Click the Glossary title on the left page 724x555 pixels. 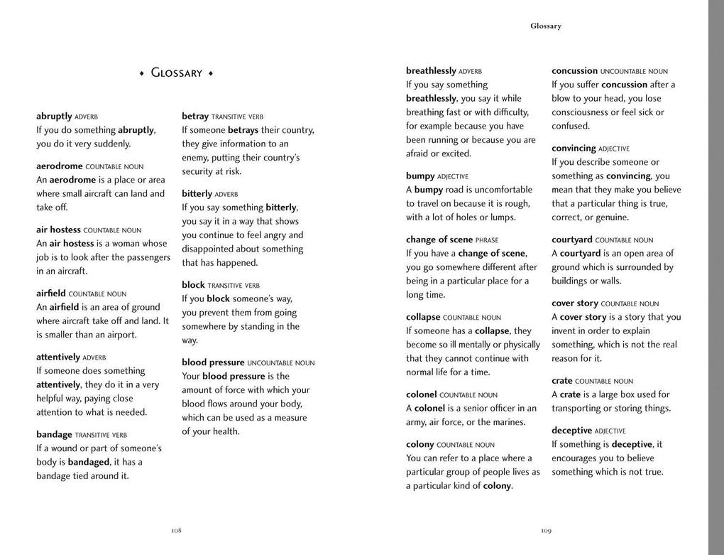[x=177, y=73]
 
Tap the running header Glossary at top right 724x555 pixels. [x=545, y=26]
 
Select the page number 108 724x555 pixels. [x=176, y=530]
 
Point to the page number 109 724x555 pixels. [x=546, y=530]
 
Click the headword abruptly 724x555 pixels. [x=54, y=117]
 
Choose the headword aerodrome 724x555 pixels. [x=60, y=166]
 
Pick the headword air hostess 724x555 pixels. [x=58, y=230]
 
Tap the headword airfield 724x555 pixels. [x=51, y=293]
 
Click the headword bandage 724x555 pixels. [x=54, y=434]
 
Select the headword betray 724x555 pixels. [x=195, y=117]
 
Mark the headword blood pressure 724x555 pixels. [x=213, y=362]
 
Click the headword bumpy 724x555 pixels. [x=420, y=176]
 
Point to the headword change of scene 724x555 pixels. [x=439, y=239]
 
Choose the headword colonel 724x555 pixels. [x=421, y=394]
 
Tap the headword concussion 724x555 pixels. [x=574, y=71]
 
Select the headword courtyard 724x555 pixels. [x=572, y=240]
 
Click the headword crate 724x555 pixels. [x=561, y=381]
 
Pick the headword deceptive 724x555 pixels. [x=571, y=431]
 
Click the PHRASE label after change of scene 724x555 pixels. [x=487, y=240]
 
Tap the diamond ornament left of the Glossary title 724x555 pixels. [x=141, y=74]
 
